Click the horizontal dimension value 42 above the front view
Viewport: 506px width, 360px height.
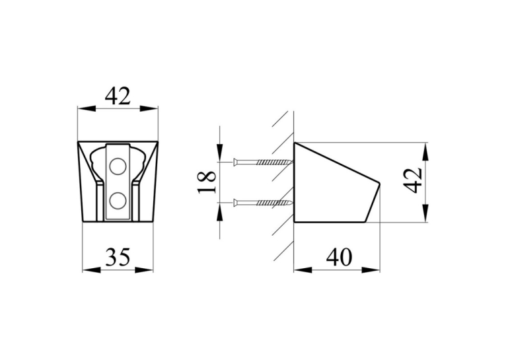(x=118, y=96)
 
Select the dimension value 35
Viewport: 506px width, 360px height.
(x=118, y=257)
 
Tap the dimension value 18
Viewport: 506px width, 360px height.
(x=207, y=182)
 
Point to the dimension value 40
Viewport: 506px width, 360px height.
(x=339, y=258)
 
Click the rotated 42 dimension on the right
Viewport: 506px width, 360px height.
(x=413, y=180)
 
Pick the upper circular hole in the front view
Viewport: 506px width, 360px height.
(x=118, y=166)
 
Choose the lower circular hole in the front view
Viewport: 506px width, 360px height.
(x=118, y=200)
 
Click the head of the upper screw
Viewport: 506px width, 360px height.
(x=235, y=161)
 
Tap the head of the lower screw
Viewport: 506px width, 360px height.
(x=235, y=203)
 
